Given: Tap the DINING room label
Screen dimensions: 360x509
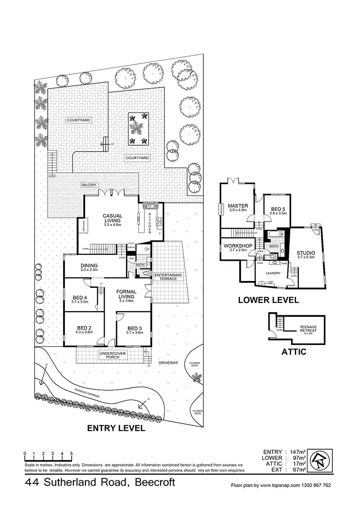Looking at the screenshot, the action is pos(90,266).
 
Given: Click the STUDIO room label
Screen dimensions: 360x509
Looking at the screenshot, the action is pos(306,253).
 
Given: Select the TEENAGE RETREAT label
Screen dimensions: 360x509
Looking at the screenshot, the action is pos(308,329).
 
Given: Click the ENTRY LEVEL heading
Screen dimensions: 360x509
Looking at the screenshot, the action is pos(116,429).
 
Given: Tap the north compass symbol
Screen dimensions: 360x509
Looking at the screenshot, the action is pos(321,460).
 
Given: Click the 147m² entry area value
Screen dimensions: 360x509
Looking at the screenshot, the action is pos(296,452).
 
